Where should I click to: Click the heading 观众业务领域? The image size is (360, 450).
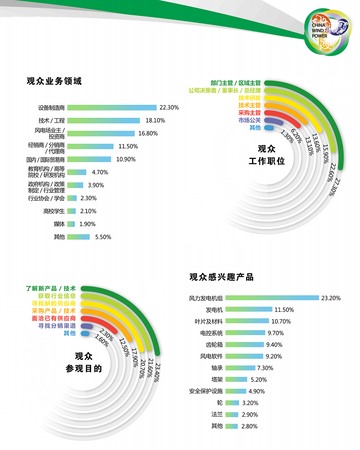point(54,81)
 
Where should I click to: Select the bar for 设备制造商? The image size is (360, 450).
point(112,107)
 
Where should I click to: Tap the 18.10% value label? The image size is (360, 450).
point(155,120)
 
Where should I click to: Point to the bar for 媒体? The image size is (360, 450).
point(71,224)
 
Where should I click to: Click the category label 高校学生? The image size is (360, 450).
point(54,211)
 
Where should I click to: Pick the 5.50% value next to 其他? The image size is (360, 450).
point(103,237)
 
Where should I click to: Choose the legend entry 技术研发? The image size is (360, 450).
point(249,98)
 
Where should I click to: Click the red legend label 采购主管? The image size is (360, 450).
point(249,113)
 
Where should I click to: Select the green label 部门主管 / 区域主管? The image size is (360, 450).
point(235,83)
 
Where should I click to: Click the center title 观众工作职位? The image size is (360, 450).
point(266,155)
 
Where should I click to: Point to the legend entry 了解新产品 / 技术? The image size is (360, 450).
point(50,289)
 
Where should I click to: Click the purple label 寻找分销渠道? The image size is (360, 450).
point(57,326)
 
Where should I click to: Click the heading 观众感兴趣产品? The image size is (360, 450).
point(221,277)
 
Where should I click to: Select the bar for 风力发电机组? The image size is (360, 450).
point(272,298)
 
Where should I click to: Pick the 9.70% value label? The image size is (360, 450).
point(276,333)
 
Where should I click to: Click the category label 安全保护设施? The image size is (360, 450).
point(206,391)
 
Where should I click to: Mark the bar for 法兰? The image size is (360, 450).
point(232,415)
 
